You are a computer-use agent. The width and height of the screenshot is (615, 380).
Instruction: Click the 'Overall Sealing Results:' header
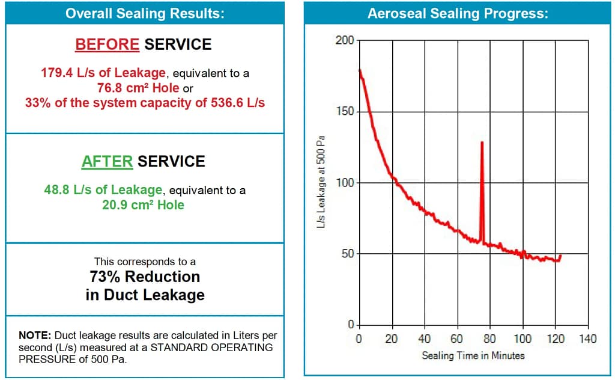(144, 14)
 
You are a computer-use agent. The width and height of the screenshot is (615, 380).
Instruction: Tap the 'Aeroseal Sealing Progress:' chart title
(458, 14)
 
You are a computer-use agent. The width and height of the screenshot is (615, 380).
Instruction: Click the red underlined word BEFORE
(107, 44)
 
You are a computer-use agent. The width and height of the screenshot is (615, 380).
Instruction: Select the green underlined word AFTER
(107, 161)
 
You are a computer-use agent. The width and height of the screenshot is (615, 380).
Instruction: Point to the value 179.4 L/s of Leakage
(103, 73)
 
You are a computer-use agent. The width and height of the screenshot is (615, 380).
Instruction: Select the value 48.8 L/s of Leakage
(103, 190)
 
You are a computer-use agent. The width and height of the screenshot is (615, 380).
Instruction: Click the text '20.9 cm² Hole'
(143, 205)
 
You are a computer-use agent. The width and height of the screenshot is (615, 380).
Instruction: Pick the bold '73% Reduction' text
(145, 277)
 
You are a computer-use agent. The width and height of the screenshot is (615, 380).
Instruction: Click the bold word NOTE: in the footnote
(36, 335)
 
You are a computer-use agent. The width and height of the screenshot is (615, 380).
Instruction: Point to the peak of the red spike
(482, 142)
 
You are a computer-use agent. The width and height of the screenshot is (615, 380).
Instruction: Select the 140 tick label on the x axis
(587, 339)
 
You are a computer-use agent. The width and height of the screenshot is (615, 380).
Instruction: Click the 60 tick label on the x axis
(457, 339)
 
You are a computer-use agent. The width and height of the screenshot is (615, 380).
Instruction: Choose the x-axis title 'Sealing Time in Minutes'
(473, 355)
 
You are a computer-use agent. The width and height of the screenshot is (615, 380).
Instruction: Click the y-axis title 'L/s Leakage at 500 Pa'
(322, 182)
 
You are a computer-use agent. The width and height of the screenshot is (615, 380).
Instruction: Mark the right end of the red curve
(560, 256)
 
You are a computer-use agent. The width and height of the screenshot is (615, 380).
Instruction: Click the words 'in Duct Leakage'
(145, 295)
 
